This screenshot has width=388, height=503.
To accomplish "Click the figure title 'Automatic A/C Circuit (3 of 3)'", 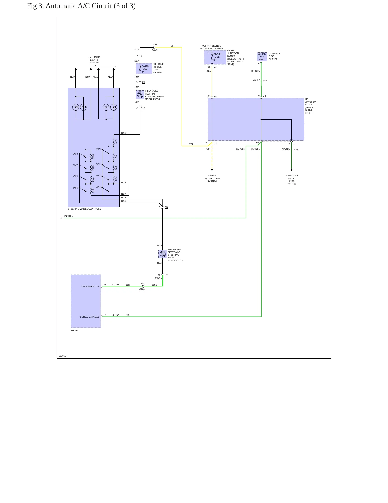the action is tap(90, 6).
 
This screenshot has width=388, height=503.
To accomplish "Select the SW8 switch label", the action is tap(75, 154).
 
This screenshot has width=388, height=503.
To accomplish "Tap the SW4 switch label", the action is tap(98, 187).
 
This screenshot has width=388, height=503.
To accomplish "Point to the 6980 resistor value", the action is tap(93, 157).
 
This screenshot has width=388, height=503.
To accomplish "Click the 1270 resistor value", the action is tap(116, 141).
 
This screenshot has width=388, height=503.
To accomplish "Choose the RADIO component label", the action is tap(74, 330).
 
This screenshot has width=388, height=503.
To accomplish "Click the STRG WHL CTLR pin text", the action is tap(90, 286).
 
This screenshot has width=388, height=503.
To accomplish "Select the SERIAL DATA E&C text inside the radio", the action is tap(90, 317).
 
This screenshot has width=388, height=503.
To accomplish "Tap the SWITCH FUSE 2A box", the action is tap(144, 69).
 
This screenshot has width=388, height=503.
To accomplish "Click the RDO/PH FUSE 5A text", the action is tap(218, 57).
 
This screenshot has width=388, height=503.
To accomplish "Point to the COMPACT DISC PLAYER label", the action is tap(274, 56).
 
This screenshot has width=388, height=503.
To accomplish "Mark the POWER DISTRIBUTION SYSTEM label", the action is tap(212, 179).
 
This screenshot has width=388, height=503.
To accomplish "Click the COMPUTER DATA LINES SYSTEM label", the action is tap(291, 180).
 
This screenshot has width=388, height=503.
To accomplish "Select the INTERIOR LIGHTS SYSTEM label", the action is tap(94, 60).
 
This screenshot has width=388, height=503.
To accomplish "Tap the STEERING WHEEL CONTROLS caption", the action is tap(84, 209).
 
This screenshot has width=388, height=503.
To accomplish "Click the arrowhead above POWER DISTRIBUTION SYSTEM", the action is tap(212, 170).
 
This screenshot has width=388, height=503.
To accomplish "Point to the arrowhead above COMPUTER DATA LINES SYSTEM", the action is tap(291, 170).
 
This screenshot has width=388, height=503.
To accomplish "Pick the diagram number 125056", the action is tap(62, 356).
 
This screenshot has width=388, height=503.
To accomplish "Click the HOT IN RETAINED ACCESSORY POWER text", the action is tap(211, 47).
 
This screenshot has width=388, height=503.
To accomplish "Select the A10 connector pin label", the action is tap(155, 45).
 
